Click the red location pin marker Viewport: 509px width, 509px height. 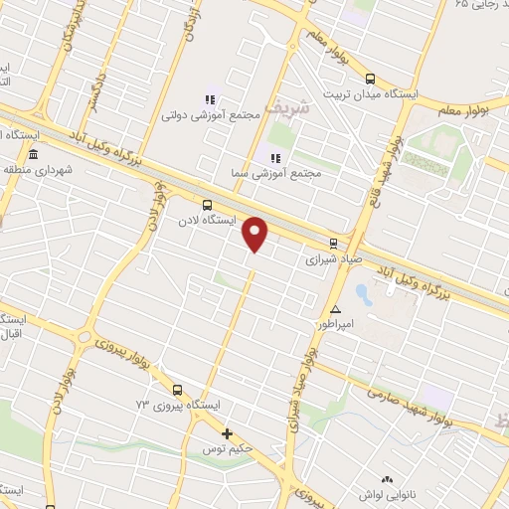(x=255, y=235)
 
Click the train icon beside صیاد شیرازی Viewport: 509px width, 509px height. (x=333, y=243)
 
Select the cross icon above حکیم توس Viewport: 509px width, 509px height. (x=228, y=433)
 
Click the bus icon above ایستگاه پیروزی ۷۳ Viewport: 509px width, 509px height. (x=177, y=390)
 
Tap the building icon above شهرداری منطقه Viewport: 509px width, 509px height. (x=33, y=155)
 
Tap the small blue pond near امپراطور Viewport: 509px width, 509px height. (x=361, y=294)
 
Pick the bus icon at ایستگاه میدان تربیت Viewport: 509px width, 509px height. (x=371, y=78)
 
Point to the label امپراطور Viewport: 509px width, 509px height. (x=335, y=324)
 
